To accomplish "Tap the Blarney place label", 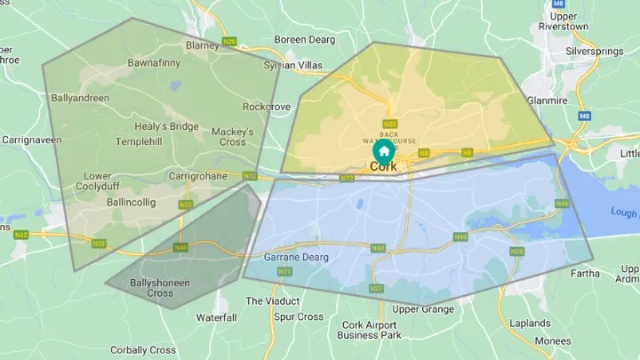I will (202, 44).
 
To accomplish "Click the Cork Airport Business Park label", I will (369, 330).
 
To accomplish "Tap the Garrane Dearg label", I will (297, 257).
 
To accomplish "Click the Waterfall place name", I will (216, 317).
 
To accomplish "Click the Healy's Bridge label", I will (167, 126).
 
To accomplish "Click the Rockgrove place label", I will (267, 107).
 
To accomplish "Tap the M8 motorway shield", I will (583, 116).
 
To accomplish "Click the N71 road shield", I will (284, 271).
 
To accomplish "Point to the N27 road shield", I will (376, 289).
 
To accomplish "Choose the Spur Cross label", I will (299, 317).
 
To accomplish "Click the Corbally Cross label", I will (144, 350).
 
